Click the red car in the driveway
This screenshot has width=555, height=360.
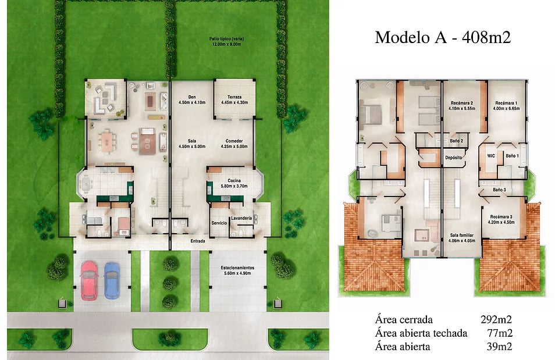[88, 280]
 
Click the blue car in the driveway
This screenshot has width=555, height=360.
[112, 280]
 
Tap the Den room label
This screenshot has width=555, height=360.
[192, 97]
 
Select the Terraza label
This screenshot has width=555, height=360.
[234, 97]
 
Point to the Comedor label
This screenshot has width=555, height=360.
[234, 141]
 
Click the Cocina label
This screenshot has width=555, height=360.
[234, 180]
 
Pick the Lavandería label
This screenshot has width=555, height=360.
[241, 219]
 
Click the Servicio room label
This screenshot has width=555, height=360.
[219, 223]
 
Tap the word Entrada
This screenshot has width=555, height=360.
[198, 241]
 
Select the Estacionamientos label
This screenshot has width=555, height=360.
[237, 268]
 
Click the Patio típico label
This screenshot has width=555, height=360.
[226, 38]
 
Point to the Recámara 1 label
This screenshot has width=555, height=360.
[506, 103]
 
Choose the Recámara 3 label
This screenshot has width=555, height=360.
[501, 217]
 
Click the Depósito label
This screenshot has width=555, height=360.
[454, 158]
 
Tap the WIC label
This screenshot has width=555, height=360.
[491, 156]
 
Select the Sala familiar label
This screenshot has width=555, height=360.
[462, 236]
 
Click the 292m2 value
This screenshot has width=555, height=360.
[496, 320]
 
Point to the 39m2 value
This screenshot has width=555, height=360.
[499, 347]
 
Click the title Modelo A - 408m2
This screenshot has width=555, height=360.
[443, 37]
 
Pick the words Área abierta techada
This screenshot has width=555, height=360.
[421, 333]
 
